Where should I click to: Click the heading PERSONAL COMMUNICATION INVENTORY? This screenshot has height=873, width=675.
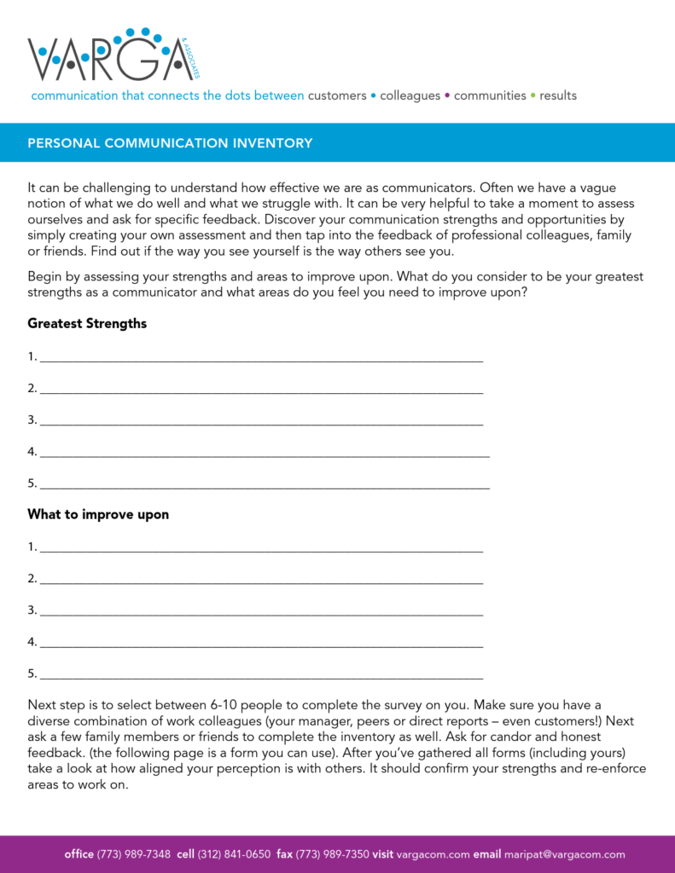click(170, 143)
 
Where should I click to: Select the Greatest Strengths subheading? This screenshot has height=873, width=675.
click(87, 324)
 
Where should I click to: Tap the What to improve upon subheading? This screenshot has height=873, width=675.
click(98, 515)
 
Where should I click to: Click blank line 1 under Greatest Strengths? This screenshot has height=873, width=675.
click(261, 358)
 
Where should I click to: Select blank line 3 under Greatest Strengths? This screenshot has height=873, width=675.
click(261, 421)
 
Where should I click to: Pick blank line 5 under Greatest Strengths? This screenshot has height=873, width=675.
click(265, 485)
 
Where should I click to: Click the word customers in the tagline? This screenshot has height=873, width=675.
click(337, 95)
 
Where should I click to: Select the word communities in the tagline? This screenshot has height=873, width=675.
click(490, 95)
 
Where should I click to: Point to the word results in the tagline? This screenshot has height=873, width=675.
click(558, 95)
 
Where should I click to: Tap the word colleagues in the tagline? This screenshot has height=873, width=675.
click(410, 95)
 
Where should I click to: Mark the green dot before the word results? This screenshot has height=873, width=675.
click(533, 95)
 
